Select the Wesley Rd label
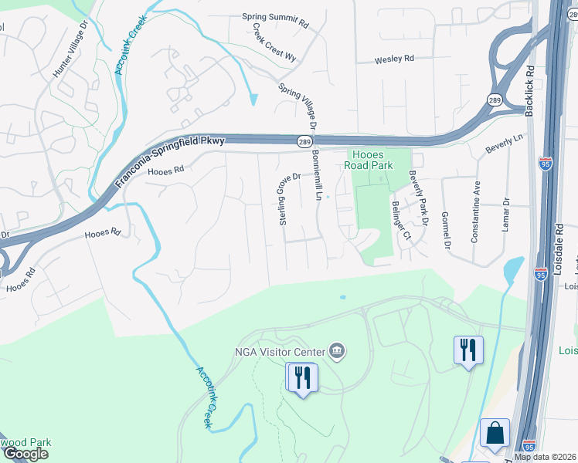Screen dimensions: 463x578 [394, 59]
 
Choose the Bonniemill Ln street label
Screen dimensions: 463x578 [317, 175]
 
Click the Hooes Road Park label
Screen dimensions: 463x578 [369, 160]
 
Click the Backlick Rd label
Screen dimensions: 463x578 [530, 89]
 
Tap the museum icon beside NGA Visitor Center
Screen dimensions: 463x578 [337, 352]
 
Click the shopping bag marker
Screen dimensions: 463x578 [495, 434]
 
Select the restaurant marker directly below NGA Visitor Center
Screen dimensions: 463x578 [301, 377]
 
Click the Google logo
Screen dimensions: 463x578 [25, 454]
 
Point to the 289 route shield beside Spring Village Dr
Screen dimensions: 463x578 [304, 141]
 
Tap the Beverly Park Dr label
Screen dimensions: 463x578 [418, 198]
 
